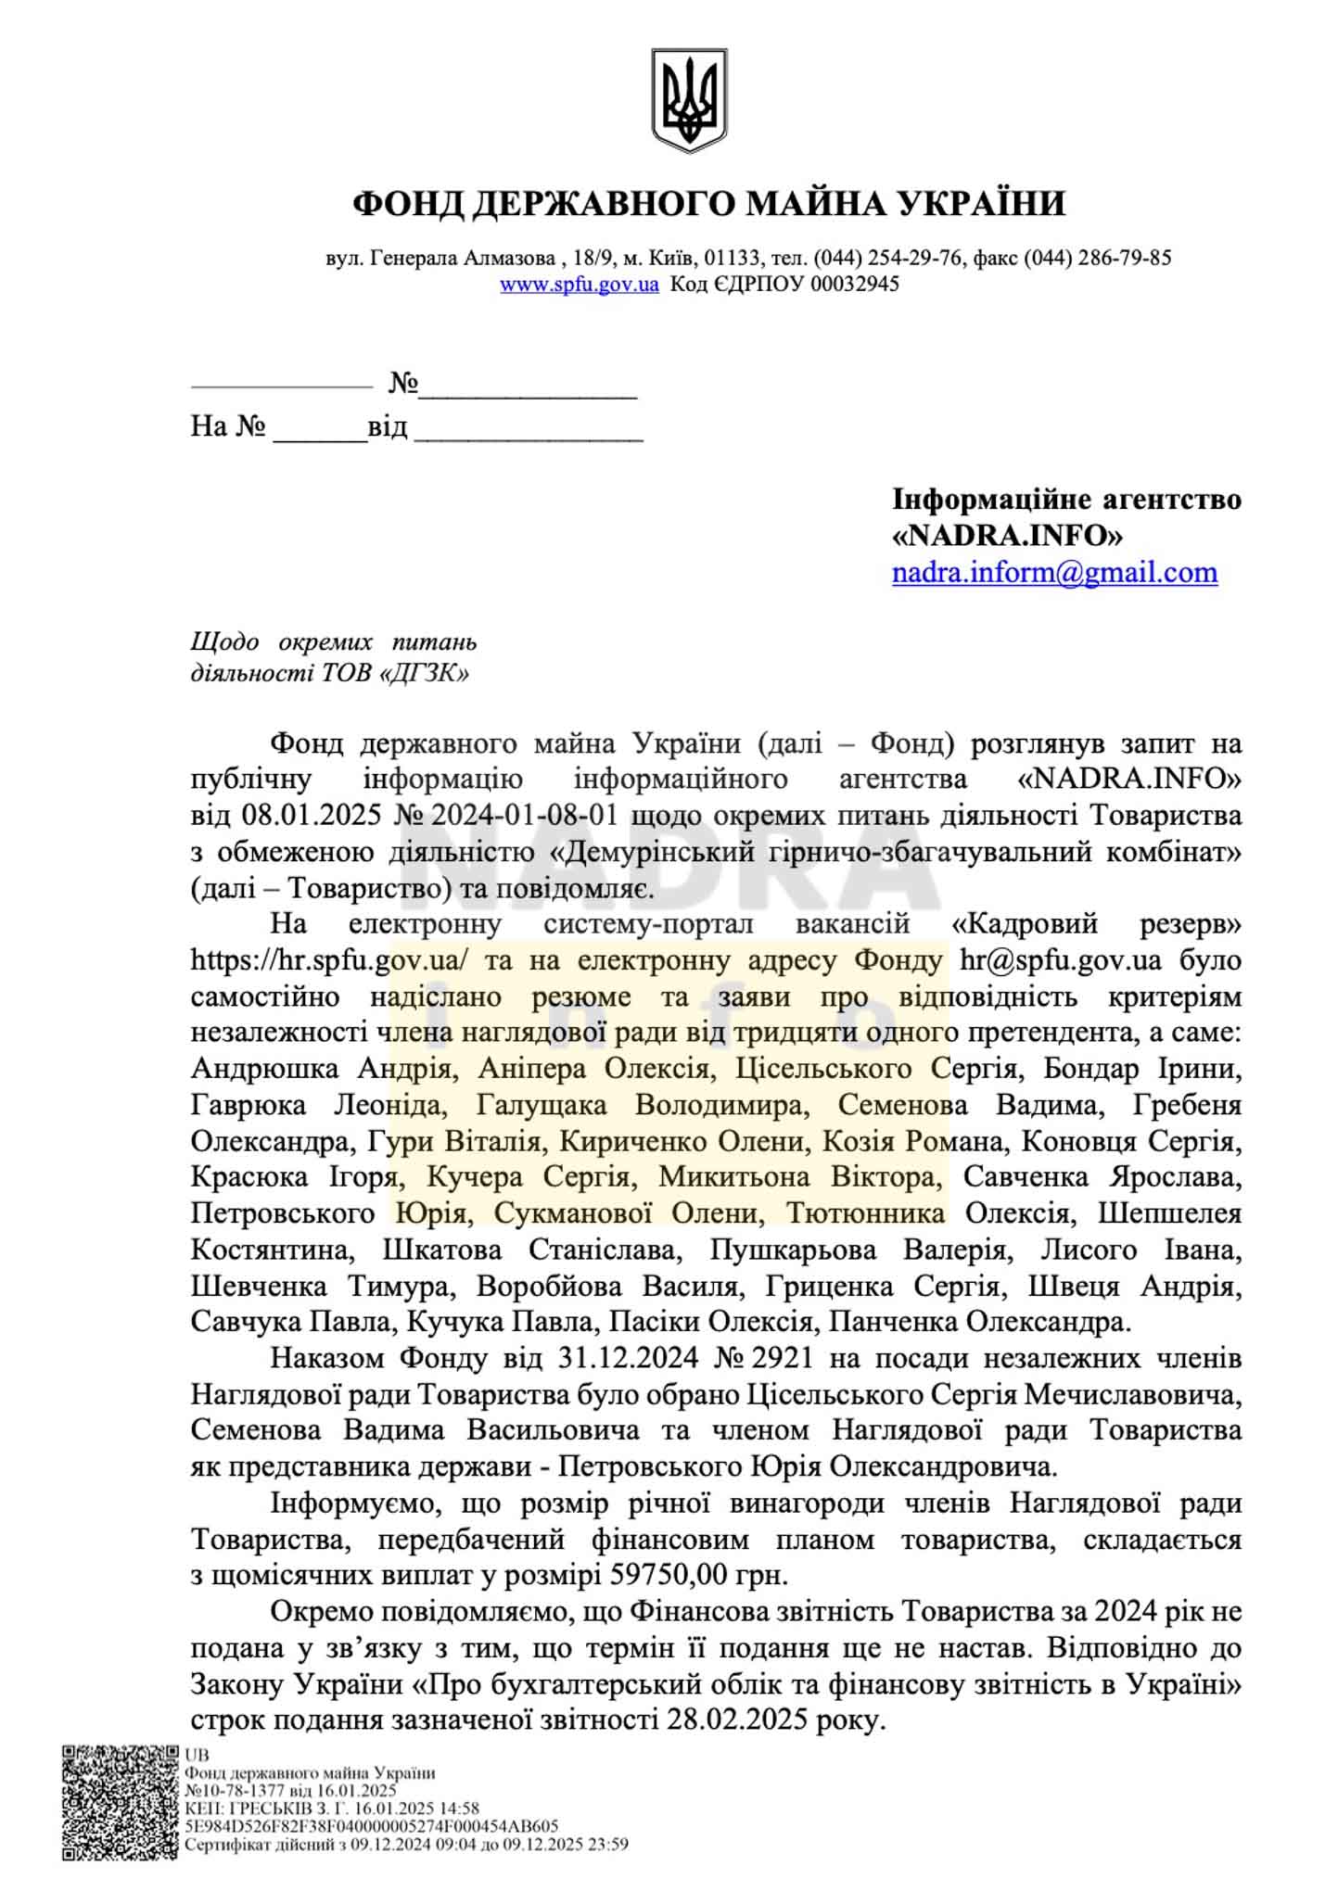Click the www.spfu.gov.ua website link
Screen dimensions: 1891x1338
tap(580, 285)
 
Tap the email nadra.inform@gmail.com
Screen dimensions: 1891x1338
tap(1054, 572)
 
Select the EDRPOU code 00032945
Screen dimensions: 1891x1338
tap(855, 285)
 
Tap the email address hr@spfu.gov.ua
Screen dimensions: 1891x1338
tap(1060, 960)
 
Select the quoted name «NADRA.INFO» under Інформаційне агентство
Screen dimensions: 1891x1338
tap(1007, 536)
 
